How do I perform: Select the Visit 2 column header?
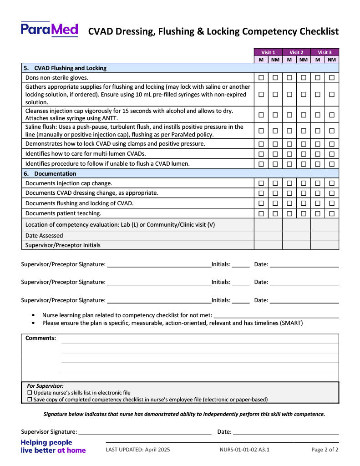click(x=296, y=52)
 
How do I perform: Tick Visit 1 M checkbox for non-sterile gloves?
click(x=261, y=78)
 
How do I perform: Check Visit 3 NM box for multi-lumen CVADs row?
click(x=332, y=154)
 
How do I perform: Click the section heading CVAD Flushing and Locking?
click(x=70, y=68)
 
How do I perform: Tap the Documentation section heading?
click(x=55, y=174)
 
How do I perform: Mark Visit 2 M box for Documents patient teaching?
click(x=289, y=213)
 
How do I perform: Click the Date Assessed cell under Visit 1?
click(x=268, y=236)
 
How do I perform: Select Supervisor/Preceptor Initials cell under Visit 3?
click(x=325, y=245)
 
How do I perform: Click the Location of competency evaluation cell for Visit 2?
click(x=296, y=224)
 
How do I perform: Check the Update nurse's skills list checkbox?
click(x=30, y=393)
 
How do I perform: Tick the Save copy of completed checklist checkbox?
click(x=30, y=400)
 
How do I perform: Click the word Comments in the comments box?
click(x=41, y=338)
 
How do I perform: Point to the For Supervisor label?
click(x=45, y=386)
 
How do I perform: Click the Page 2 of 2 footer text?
click(x=325, y=450)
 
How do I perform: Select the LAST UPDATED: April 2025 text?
click(x=138, y=450)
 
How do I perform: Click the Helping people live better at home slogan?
click(x=53, y=446)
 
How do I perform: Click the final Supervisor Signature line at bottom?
click(x=145, y=432)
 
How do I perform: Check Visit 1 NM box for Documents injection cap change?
click(x=275, y=183)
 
